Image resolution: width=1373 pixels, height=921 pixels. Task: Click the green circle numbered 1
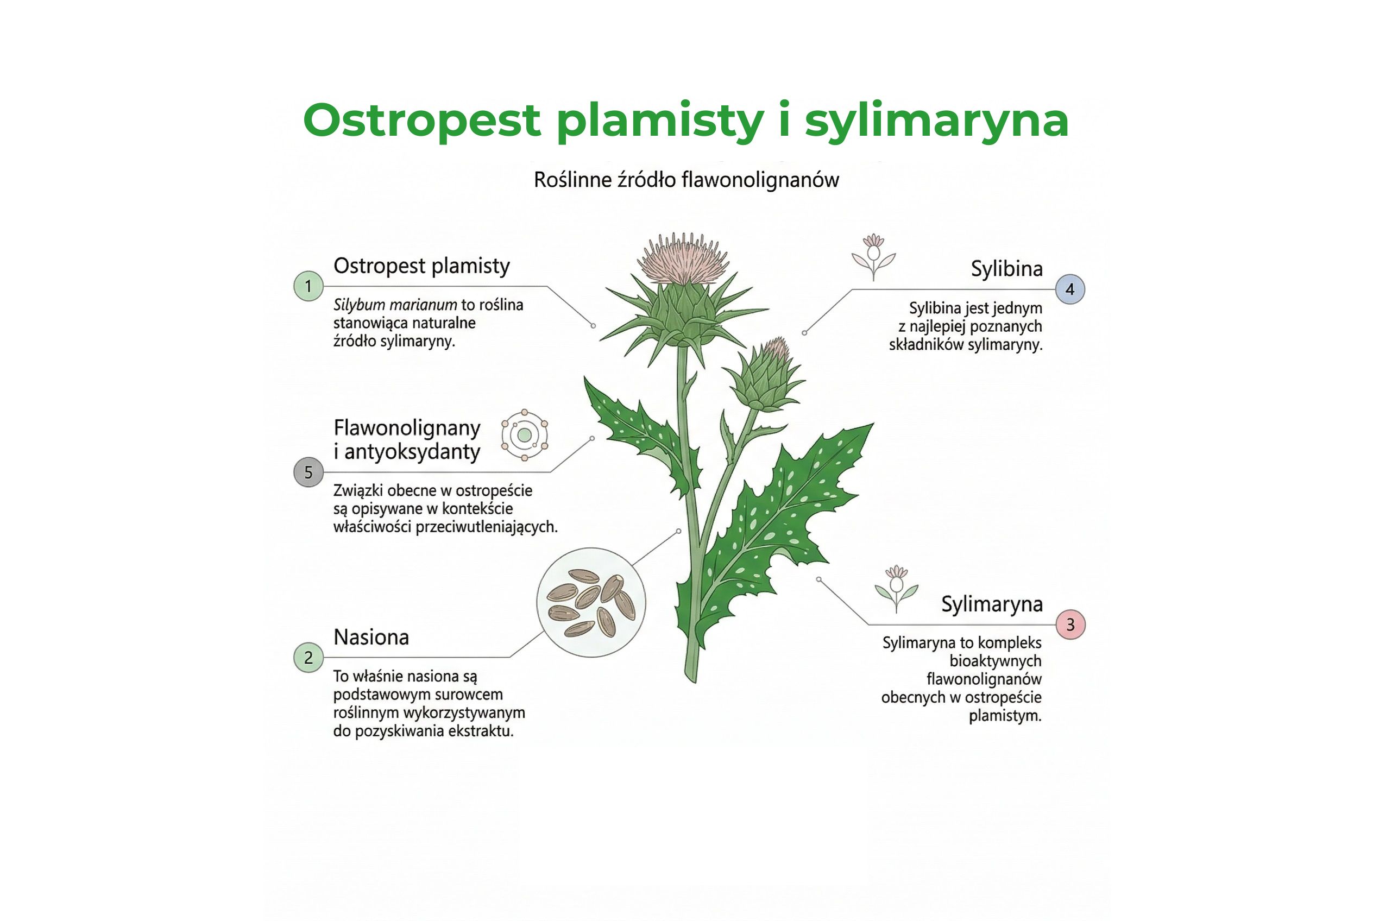click(x=308, y=286)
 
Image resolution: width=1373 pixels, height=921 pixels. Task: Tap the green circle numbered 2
click(x=308, y=657)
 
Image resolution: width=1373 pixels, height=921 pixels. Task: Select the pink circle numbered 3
click(x=1070, y=624)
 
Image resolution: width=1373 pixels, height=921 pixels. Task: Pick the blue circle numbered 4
click(x=1070, y=289)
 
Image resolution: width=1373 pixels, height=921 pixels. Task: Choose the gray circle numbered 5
click(x=308, y=472)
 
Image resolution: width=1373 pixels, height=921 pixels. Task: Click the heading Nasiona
click(x=371, y=638)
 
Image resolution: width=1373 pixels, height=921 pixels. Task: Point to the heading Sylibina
click(x=1006, y=269)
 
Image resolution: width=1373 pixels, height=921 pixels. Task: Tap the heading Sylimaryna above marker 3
click(x=992, y=604)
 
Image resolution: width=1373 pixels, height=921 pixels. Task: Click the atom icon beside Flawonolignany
click(x=525, y=435)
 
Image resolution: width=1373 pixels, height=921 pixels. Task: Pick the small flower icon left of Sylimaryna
click(x=896, y=588)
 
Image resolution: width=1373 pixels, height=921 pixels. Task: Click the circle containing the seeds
click(x=591, y=603)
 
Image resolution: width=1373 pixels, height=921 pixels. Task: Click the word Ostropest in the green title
click(x=421, y=121)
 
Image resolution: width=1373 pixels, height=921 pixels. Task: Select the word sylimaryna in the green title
click(x=936, y=121)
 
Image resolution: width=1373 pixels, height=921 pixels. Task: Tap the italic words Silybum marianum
click(x=395, y=305)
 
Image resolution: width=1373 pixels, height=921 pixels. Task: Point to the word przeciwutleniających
click(x=487, y=527)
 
